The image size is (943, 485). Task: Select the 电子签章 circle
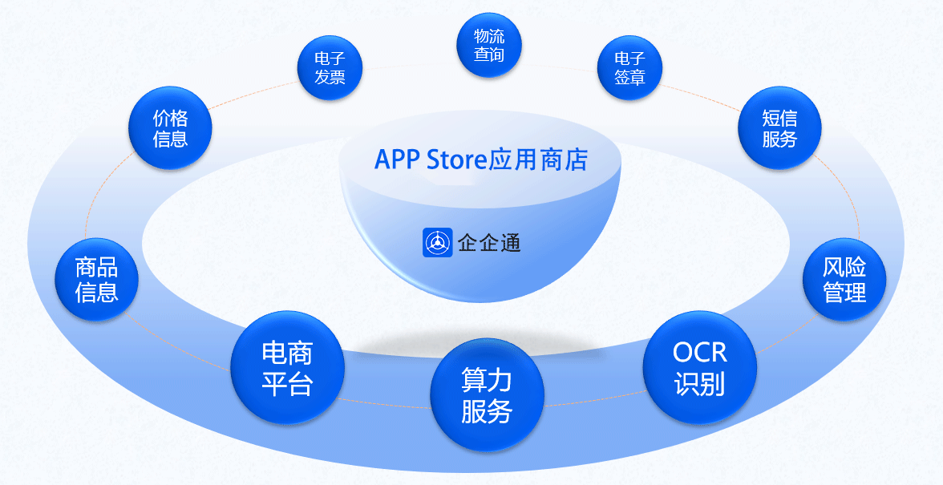629,68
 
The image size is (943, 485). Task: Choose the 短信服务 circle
779,128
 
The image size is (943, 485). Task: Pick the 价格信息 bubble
170,128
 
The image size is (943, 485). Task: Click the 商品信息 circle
96,279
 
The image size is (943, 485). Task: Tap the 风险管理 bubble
844,280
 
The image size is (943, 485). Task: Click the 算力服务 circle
487,395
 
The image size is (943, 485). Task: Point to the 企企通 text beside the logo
489,243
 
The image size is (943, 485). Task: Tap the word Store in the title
457,159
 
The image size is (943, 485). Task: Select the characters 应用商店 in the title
538,159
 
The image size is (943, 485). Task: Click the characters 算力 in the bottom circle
487,379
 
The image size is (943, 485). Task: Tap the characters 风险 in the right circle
844,267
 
